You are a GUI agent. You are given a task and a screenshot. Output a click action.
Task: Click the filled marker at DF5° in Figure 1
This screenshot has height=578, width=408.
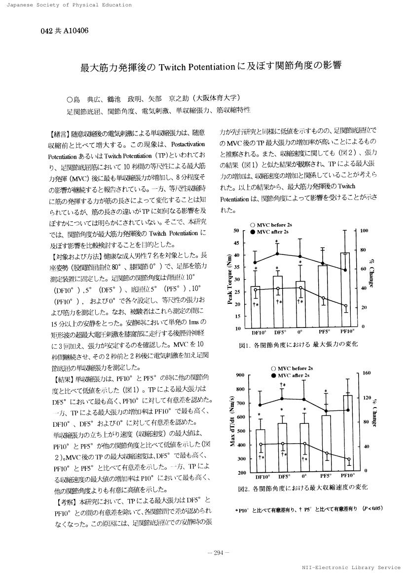(x=277, y=253)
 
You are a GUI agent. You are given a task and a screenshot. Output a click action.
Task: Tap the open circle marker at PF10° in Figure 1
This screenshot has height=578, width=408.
(x=345, y=306)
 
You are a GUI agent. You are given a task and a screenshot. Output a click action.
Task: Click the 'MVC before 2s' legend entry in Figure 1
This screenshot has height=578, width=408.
(x=272, y=225)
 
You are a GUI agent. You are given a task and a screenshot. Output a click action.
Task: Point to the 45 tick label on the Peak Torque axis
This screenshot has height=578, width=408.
(x=236, y=243)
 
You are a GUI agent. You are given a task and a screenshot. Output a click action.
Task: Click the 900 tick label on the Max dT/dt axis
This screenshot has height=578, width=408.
(x=240, y=375)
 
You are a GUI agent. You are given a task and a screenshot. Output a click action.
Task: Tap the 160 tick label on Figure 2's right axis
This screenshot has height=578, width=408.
(x=367, y=373)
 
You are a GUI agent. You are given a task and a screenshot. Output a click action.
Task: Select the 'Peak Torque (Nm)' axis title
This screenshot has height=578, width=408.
(x=230, y=279)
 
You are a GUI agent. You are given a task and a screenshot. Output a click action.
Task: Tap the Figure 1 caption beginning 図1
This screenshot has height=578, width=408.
(x=298, y=343)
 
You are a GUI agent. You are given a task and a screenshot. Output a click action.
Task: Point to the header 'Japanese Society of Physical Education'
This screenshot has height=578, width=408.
(x=66, y=5)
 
